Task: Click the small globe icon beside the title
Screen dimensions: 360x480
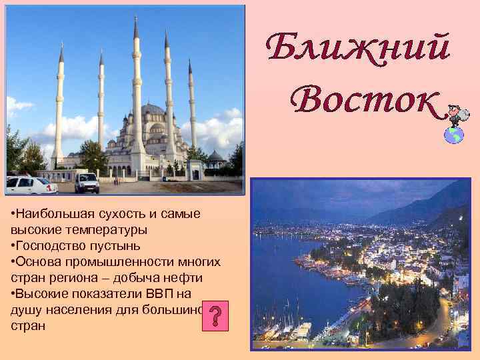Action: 454,134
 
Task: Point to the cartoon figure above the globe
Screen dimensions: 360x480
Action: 457,113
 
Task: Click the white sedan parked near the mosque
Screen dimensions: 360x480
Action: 30,185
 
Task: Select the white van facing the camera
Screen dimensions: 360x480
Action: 87,182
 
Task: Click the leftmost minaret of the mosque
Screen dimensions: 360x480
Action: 60,107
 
